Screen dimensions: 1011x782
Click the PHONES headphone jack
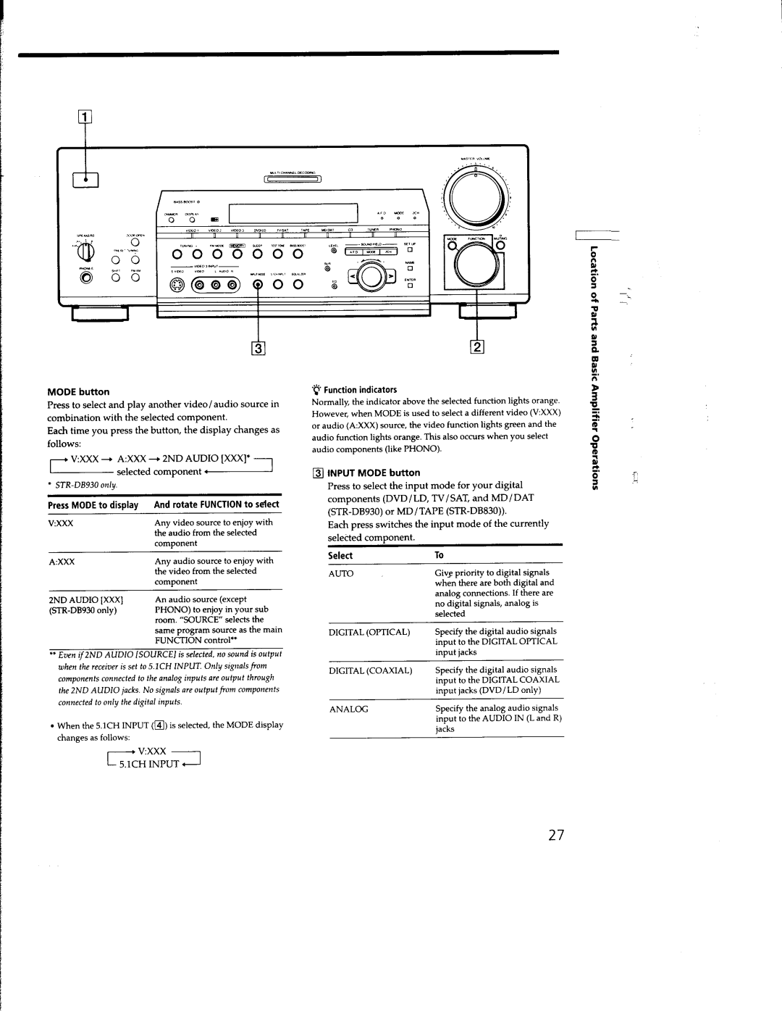[87, 279]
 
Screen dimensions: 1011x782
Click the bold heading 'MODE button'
[78, 392]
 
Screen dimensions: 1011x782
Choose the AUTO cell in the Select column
[342, 573]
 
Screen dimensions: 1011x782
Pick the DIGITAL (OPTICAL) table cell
[370, 632]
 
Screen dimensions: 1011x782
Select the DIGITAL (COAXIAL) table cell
[371, 670]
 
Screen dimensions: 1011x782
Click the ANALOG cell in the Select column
[350, 709]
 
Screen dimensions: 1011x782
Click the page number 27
[555, 836]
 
